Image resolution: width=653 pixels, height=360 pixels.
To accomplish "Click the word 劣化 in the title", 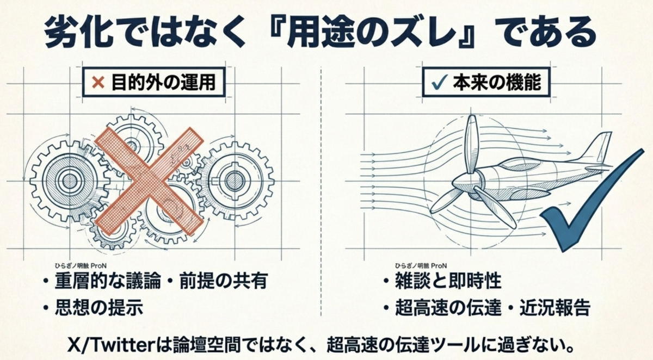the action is (x=79, y=32).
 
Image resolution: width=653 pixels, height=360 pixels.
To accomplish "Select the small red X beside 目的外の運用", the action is (x=98, y=83).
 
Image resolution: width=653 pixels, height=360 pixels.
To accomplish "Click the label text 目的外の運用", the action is (x=164, y=83).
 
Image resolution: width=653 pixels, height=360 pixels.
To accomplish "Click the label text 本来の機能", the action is (x=497, y=82).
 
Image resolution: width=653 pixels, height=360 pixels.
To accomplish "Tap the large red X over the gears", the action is (x=149, y=181).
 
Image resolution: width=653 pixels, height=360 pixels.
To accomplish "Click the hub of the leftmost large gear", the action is (x=70, y=181).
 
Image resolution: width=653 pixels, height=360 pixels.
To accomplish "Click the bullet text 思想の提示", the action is (x=99, y=308).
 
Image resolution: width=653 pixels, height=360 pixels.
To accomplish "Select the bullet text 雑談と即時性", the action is (x=448, y=281).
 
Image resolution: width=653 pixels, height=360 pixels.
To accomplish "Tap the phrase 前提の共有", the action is (x=224, y=281).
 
